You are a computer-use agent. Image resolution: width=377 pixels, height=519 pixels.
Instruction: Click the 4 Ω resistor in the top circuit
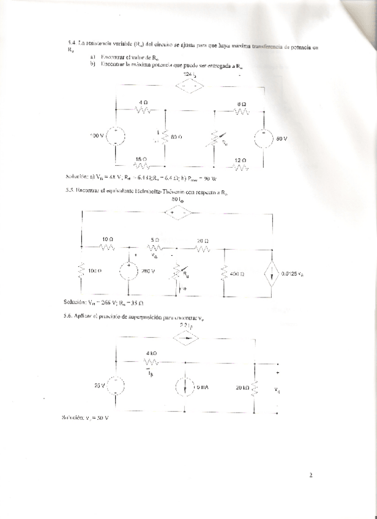(143, 111)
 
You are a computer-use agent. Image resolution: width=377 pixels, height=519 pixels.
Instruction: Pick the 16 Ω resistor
(141, 165)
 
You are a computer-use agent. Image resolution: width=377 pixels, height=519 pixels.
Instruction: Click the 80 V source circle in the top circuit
(264, 139)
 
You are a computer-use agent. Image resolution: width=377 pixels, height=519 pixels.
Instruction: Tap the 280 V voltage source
(129, 271)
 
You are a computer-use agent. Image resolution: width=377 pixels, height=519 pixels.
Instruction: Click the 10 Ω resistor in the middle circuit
(107, 247)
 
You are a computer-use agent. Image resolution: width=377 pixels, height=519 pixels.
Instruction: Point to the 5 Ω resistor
(155, 247)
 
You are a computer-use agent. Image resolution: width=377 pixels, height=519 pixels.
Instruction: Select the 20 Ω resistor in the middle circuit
(203, 247)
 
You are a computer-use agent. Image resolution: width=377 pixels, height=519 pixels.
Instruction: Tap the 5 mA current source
(185, 387)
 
